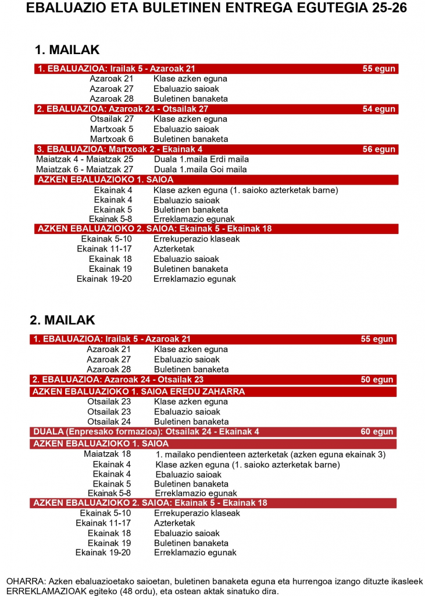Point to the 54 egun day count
378,109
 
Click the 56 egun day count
378,150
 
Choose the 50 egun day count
377,379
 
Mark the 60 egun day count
377,432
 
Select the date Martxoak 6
112,139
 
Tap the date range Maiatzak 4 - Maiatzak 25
85,159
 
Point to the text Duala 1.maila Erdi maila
201,159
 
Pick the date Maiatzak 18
107,454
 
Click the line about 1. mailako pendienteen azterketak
270,454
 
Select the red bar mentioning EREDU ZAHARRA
138,392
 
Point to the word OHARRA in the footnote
26,581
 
